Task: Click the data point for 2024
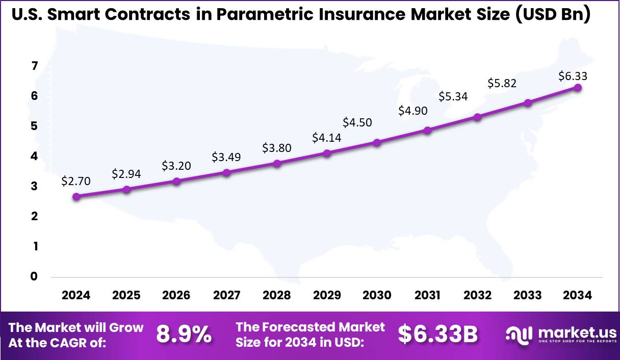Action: coord(76,196)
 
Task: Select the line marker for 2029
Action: coord(327,153)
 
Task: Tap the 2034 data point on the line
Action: coord(578,87)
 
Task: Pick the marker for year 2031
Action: coord(427,130)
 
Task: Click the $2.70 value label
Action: coord(76,181)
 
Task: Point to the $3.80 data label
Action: coord(277,148)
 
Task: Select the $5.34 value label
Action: coord(453,96)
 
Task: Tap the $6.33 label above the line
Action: coord(573,76)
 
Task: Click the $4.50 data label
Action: coord(357,122)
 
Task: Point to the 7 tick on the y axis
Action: coord(34,66)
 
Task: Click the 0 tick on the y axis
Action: coord(34,276)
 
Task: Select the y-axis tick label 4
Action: coord(34,156)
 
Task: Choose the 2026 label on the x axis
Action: coord(176,296)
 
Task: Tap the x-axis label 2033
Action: coord(527,296)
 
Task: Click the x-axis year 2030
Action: coord(377,296)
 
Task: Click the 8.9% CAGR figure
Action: coord(184,335)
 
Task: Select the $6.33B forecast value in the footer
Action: coord(438,335)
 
